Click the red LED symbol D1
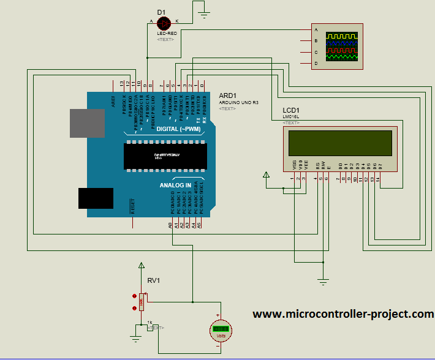click(164, 23)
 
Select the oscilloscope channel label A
click(316, 30)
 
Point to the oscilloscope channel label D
click(316, 64)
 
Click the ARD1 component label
click(227, 96)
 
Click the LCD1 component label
click(292, 110)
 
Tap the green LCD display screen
click(341, 144)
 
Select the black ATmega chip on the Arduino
click(164, 156)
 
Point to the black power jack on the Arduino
click(96, 198)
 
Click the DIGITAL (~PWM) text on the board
click(178, 129)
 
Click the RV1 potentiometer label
click(154, 280)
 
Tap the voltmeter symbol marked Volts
click(220, 329)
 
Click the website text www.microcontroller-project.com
click(343, 314)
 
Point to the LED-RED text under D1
click(164, 33)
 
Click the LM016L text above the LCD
click(290, 116)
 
